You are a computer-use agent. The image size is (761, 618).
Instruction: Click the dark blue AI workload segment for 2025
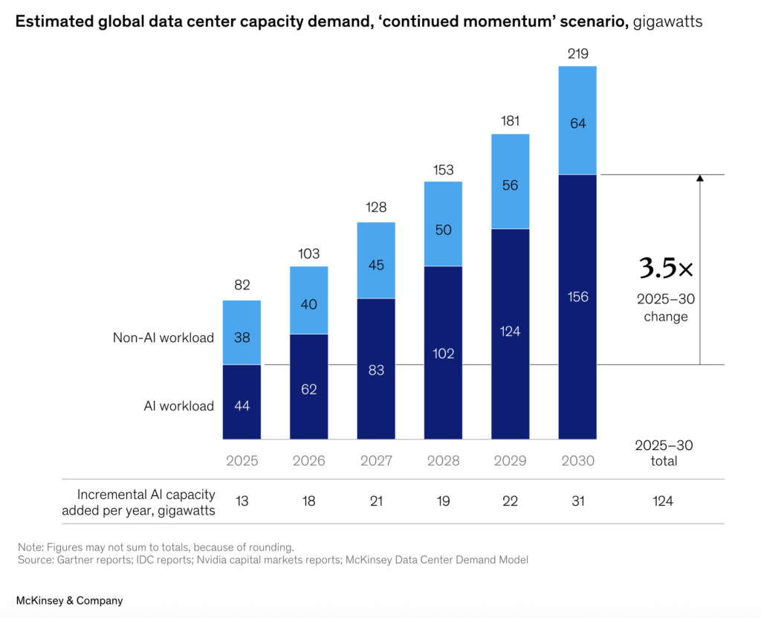(242, 402)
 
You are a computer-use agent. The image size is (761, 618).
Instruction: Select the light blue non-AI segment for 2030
(577, 120)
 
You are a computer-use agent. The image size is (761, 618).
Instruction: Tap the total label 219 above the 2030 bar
(577, 54)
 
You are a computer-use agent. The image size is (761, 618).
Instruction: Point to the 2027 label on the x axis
(376, 460)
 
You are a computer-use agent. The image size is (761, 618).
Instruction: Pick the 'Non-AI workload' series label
(163, 338)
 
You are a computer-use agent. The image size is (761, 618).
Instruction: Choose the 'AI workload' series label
(179, 406)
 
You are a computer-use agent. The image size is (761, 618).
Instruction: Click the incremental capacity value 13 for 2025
(242, 501)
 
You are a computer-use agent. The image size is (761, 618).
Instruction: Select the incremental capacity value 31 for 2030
(577, 501)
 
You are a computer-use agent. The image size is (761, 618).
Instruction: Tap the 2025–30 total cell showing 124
(663, 501)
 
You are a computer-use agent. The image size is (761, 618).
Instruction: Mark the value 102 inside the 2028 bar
(443, 353)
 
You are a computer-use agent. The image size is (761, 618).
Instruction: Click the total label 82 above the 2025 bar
(242, 285)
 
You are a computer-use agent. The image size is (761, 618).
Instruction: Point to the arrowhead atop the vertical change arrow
(699, 178)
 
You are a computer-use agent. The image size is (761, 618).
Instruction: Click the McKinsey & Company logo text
(70, 600)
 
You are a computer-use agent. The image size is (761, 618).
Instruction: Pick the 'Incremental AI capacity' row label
(146, 495)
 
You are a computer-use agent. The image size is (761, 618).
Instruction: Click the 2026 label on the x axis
(308, 460)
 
